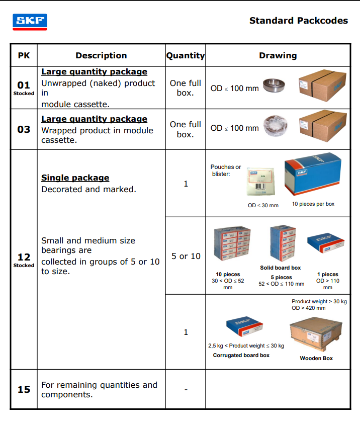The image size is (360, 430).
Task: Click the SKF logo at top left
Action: click(x=30, y=22)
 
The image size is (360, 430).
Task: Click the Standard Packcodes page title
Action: click(x=298, y=21)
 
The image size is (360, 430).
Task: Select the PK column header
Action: click(x=24, y=55)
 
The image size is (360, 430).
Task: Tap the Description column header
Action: click(x=101, y=55)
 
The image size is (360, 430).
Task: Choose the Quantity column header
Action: click(x=186, y=55)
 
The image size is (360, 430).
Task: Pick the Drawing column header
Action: click(x=278, y=55)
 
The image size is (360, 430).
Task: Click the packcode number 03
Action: click(x=24, y=129)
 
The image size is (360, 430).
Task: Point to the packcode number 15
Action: click(x=24, y=389)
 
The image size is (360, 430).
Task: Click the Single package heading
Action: click(x=75, y=178)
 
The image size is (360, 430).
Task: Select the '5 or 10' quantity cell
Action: click(x=186, y=256)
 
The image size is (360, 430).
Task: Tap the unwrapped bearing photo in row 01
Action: click(x=277, y=87)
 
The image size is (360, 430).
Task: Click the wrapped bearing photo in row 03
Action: click(x=277, y=128)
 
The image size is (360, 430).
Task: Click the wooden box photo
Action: click(x=316, y=334)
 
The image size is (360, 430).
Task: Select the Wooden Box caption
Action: click(x=316, y=358)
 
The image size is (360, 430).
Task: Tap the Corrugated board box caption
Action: click(x=241, y=355)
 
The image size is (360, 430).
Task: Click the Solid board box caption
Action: click(x=280, y=268)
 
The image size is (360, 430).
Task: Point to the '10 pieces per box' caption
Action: click(x=313, y=204)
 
